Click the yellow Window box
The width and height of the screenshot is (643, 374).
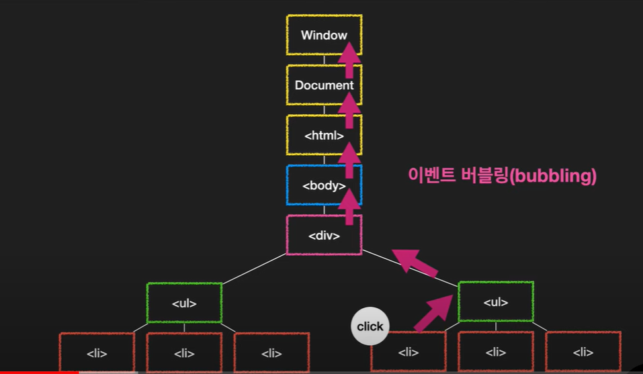click(316, 35)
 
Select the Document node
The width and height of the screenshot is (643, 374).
click(316, 85)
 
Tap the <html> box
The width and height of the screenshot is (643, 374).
click(316, 135)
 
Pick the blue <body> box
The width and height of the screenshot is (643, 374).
click(316, 185)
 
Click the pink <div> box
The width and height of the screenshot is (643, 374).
click(316, 236)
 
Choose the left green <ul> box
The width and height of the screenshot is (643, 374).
click(184, 303)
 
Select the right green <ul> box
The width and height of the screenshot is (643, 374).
click(496, 301)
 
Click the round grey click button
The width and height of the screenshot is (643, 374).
click(370, 326)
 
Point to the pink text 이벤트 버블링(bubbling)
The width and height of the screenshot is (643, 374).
click(503, 176)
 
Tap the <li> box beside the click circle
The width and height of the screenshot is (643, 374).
click(409, 351)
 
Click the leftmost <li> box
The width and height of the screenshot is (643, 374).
click(97, 352)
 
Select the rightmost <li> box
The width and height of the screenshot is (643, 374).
click(583, 351)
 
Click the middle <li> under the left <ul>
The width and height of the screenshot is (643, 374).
click(184, 352)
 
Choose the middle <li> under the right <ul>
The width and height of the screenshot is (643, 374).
click(496, 351)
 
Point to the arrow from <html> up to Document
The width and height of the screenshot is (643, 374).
click(349, 107)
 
